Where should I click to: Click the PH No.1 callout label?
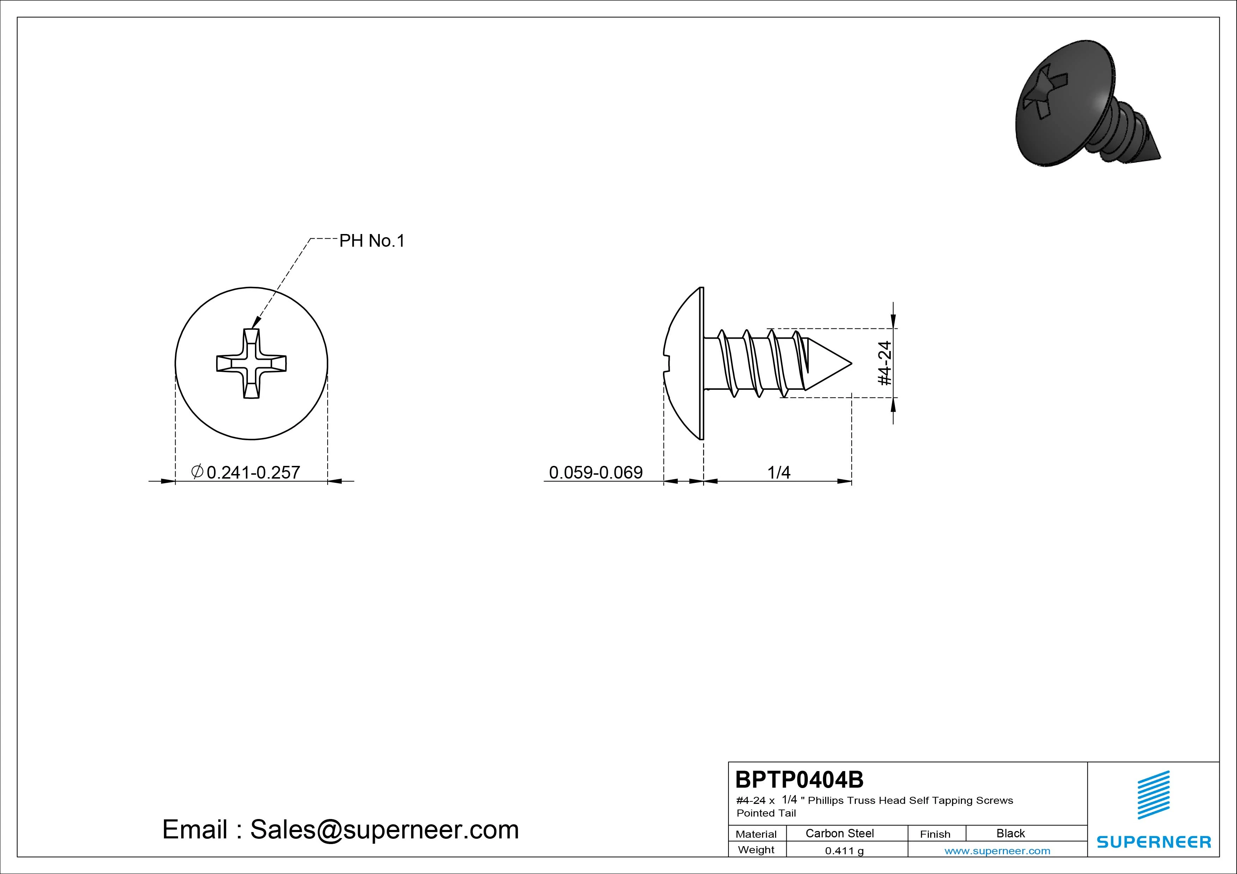click(x=371, y=241)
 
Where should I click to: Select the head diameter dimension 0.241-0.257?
click(x=246, y=472)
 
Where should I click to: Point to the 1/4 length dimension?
click(x=779, y=472)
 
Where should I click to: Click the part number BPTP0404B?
click(x=799, y=779)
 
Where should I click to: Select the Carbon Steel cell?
click(x=839, y=833)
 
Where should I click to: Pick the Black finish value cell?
click(x=1010, y=833)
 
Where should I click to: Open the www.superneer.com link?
click(x=997, y=851)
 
